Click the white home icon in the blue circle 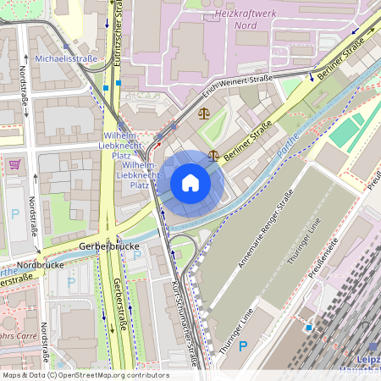click(x=190, y=183)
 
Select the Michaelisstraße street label click(x=66, y=58)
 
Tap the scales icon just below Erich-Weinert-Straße click(x=203, y=113)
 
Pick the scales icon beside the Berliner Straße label click(x=213, y=156)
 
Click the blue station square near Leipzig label click(x=309, y=327)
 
